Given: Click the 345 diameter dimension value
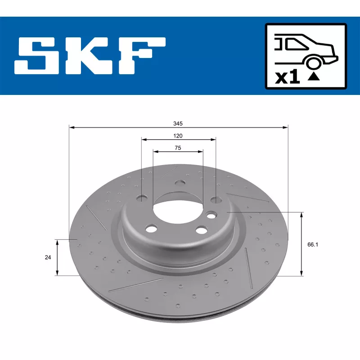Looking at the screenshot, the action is (178, 123).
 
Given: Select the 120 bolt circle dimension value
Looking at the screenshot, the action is (178, 136).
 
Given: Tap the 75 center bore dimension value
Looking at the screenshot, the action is (178, 148).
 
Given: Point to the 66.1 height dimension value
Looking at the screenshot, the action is (313, 244).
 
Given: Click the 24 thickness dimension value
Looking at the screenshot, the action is (48, 257).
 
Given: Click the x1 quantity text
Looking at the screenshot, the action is (288, 77).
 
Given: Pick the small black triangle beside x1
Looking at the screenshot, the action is (314, 76).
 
